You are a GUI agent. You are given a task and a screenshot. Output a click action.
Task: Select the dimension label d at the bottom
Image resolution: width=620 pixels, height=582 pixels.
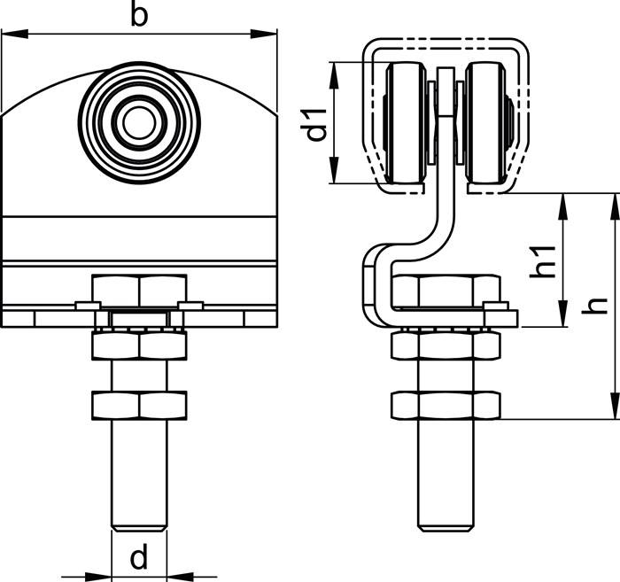tap(139, 558)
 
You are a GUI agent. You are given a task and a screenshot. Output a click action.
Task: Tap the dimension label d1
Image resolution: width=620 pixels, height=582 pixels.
tap(315, 124)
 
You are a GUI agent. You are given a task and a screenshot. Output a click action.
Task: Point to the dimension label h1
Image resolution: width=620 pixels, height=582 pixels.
tap(543, 261)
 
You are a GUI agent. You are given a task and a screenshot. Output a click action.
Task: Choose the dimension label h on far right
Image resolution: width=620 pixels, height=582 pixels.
tap(599, 304)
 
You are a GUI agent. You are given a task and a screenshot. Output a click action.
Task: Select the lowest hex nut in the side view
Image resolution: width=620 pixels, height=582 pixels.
tap(446, 405)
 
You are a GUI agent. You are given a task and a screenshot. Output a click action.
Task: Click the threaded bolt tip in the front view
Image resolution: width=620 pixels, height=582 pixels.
tap(139, 523)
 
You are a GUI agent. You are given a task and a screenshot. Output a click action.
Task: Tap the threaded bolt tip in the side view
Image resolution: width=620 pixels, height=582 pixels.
tap(446, 523)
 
